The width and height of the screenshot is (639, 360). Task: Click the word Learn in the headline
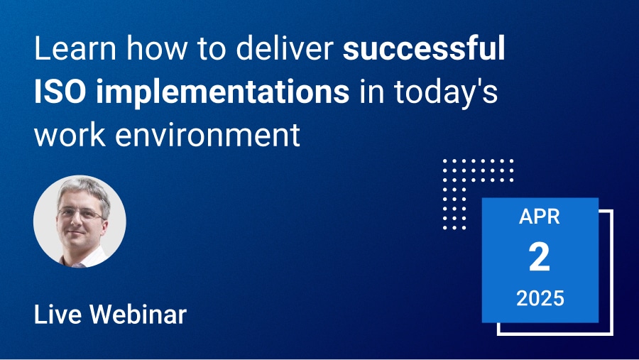point(75,48)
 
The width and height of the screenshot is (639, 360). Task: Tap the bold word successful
point(424,48)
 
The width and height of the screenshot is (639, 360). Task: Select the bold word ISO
point(60,92)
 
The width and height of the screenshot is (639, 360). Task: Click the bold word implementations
point(222,92)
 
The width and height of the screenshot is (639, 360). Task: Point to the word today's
point(446,92)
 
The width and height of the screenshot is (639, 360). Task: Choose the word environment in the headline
point(208,135)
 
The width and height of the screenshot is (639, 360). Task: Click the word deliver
point(285,48)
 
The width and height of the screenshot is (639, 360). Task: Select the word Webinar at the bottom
point(138,315)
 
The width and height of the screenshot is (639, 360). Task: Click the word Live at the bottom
point(58,315)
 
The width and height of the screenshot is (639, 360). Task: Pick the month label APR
point(540,217)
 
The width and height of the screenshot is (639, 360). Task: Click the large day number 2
point(540,257)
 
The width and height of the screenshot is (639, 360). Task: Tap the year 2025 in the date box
point(540,298)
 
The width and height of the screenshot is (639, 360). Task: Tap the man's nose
point(77,222)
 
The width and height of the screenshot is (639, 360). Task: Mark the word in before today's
point(372,92)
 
